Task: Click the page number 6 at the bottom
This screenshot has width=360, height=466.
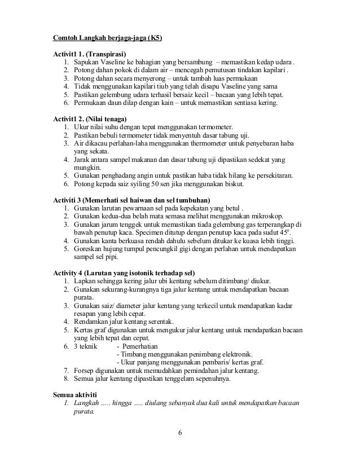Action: (179, 433)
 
